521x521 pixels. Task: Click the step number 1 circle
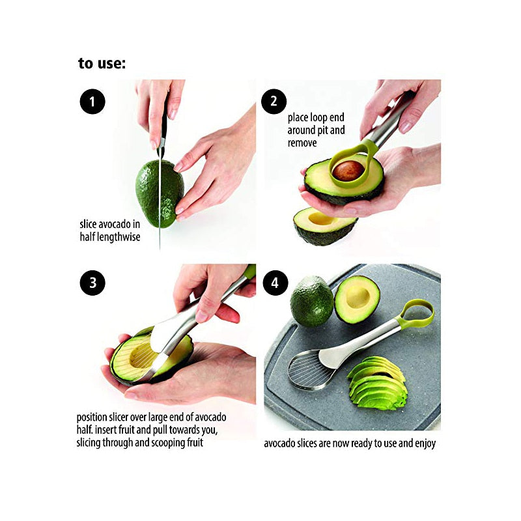pyautogui.click(x=92, y=102)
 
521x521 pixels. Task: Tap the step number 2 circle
pyautogui.click(x=274, y=102)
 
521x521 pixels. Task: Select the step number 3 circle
pyautogui.click(x=92, y=283)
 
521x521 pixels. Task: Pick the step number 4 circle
pyautogui.click(x=275, y=283)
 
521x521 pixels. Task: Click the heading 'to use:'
pyautogui.click(x=102, y=63)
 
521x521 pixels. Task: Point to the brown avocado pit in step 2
pyautogui.click(x=348, y=171)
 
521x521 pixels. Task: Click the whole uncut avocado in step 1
pyautogui.click(x=160, y=193)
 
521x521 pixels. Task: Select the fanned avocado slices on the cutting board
pyautogui.click(x=378, y=383)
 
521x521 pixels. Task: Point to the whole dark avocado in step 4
pyautogui.click(x=312, y=301)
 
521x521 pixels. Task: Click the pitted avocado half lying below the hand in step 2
pyautogui.click(x=324, y=226)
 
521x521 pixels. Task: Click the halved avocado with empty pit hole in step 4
pyautogui.click(x=357, y=300)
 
